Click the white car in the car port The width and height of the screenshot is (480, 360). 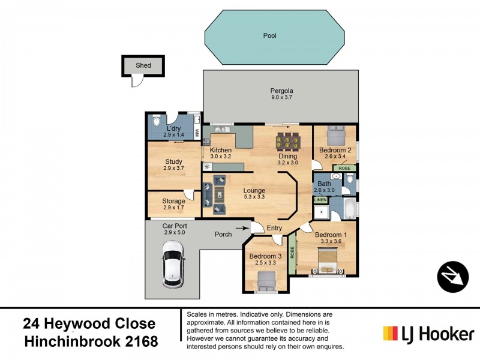pyautogui.click(x=173, y=264)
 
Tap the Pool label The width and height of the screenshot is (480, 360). pyautogui.click(x=269, y=35)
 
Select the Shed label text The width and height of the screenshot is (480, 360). pyautogui.click(x=143, y=65)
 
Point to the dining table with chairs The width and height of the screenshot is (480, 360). pyautogui.click(x=287, y=142)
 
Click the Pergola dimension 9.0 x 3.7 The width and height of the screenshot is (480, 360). pyautogui.click(x=281, y=98)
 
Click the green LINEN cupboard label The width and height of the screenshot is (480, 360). pyautogui.click(x=320, y=199)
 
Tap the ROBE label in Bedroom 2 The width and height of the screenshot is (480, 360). pyautogui.click(x=344, y=169)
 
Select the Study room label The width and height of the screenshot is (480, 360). pyautogui.click(x=173, y=161)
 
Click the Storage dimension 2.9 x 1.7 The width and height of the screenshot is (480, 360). pyautogui.click(x=173, y=208)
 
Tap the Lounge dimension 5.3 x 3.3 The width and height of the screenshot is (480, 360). pyautogui.click(x=254, y=197)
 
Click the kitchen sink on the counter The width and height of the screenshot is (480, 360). pyautogui.click(x=220, y=129)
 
